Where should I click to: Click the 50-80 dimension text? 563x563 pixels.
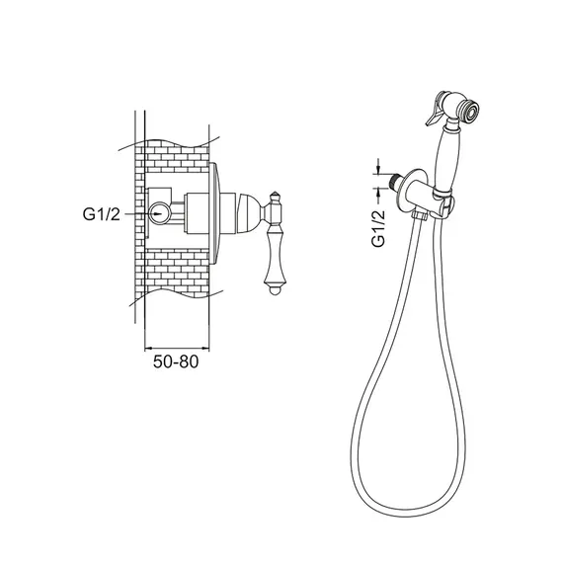click(x=176, y=362)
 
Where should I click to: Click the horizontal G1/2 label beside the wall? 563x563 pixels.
click(x=102, y=214)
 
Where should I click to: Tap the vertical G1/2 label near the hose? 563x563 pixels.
click(x=378, y=228)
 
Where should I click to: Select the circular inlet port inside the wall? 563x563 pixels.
click(x=160, y=213)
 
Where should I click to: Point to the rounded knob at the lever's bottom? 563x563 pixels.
click(x=275, y=290)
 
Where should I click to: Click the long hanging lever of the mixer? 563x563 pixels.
click(x=275, y=258)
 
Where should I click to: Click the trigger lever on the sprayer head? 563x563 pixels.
click(x=435, y=111)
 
